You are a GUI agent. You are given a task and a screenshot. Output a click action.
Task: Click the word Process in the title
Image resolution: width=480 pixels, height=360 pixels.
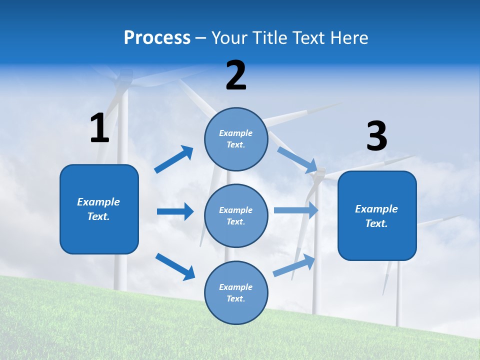coord(157,38)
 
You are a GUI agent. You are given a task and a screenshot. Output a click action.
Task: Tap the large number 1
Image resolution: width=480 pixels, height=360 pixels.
coord(99,128)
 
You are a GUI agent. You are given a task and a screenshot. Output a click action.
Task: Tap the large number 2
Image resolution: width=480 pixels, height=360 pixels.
coord(236,75)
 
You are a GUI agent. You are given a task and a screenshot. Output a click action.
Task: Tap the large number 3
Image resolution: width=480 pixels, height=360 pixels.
coord(376,136)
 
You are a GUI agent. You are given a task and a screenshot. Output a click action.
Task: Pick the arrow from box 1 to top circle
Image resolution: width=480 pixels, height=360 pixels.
coord(174,159)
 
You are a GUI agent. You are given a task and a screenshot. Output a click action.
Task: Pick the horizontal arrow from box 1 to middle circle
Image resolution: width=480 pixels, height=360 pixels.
coord(175,211)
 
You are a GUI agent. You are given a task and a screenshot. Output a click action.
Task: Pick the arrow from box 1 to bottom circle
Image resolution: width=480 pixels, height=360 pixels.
coord(175,266)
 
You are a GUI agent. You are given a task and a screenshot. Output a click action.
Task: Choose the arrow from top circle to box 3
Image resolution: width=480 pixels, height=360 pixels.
coord(297,159)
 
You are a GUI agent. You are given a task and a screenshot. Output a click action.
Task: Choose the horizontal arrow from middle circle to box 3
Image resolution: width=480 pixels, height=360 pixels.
coord(296,210)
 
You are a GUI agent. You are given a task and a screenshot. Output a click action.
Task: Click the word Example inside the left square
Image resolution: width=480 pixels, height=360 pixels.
coord(98,202)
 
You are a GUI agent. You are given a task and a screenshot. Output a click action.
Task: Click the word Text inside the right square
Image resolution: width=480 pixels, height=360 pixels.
coord(376,223)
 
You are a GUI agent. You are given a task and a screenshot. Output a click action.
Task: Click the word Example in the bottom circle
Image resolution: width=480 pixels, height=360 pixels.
coord(236,287)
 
